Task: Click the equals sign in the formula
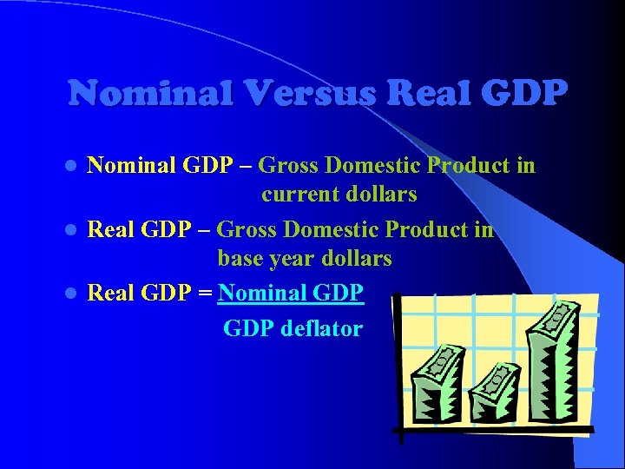(204, 294)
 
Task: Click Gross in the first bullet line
(289, 165)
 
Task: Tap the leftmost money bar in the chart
(439, 382)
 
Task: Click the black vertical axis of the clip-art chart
(396, 365)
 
